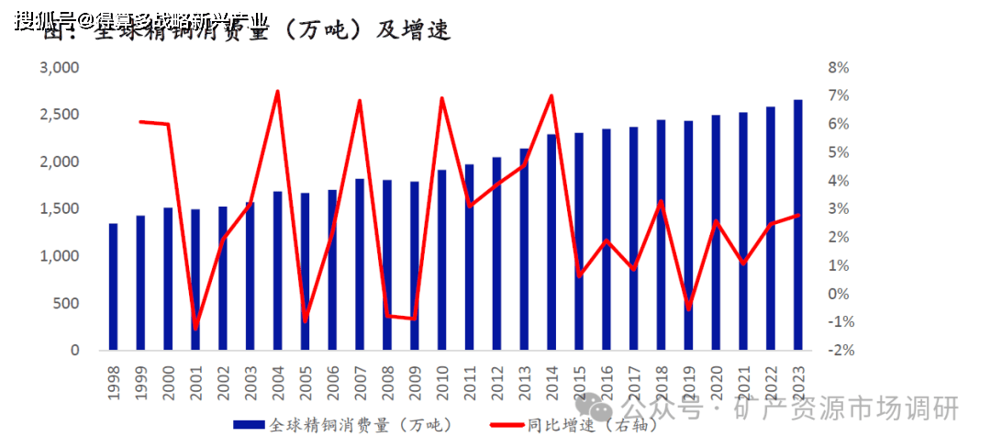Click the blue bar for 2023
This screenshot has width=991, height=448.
pos(797,225)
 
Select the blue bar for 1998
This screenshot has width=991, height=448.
pos(113,286)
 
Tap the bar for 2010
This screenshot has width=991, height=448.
pos(441,260)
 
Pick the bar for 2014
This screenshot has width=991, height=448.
pos(551,242)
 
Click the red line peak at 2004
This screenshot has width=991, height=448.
pos(277,91)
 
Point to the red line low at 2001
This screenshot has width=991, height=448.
pos(195,327)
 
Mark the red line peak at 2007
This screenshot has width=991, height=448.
pos(360,100)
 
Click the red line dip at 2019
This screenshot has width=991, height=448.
pos(688,308)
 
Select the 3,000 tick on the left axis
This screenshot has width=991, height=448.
pos(60,68)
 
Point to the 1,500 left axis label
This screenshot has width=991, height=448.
pos(60,209)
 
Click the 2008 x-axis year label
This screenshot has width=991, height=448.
pos(387,381)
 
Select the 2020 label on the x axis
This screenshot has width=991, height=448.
pos(716,381)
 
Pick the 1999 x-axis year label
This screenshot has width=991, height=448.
pos(140,381)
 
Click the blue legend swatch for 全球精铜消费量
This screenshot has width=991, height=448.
pos(250,425)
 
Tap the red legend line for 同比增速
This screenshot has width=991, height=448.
pos(507,425)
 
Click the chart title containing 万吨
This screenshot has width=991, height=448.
pos(248,29)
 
